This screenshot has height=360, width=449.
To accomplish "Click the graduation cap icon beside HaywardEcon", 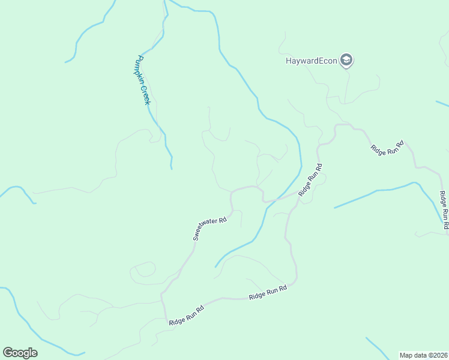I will tap(346, 60).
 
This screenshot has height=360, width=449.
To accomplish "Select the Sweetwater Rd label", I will tap(209, 229).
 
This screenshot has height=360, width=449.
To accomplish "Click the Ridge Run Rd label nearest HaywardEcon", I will tap(388, 148).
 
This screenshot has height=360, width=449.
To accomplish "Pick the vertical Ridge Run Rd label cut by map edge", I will tap(444, 210).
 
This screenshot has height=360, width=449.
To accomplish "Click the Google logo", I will tap(20, 352).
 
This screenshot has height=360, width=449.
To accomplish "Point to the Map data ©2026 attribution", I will tap(423, 355).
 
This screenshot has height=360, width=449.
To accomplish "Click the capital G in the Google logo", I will tap(8, 352).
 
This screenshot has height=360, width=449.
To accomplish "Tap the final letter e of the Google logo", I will tap(34, 353).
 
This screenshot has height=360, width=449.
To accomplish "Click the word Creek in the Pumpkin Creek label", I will tap(145, 94).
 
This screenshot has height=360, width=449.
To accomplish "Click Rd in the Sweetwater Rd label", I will tap(223, 220).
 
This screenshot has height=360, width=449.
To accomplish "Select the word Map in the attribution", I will tap(406, 355).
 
